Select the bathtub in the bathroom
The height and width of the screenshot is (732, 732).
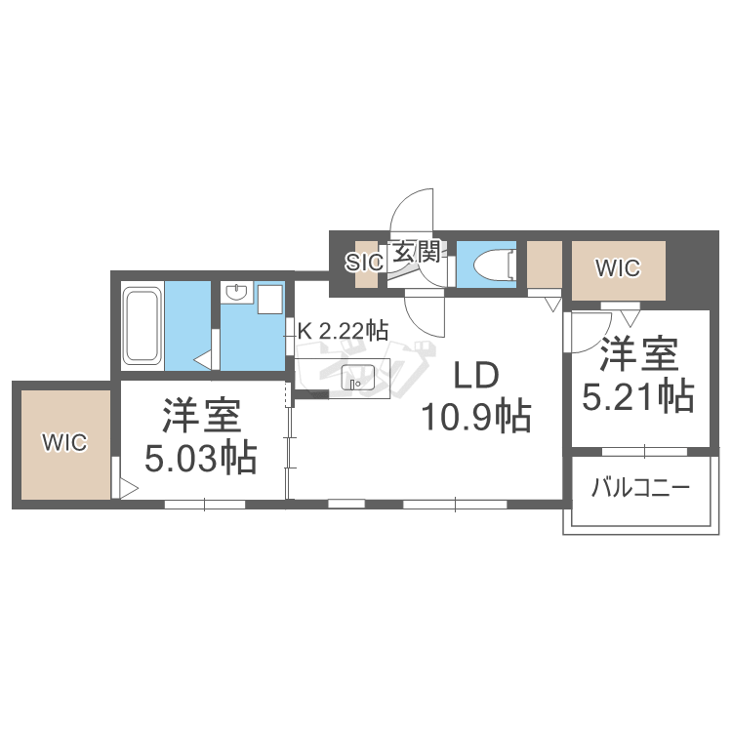[142, 325]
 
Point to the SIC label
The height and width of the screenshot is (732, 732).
[365, 263]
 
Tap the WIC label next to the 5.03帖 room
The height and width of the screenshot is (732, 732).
[64, 442]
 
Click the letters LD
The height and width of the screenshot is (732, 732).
[473, 374]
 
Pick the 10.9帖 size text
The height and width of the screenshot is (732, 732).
[475, 417]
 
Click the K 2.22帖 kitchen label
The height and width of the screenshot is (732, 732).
[343, 331]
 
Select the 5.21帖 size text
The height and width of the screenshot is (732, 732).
[638, 395]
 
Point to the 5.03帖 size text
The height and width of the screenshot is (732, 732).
[201, 457]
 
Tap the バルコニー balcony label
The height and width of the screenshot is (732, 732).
[639, 487]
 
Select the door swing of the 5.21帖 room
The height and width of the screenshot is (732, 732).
[589, 332]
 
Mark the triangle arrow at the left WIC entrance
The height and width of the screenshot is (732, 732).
[126, 485]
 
